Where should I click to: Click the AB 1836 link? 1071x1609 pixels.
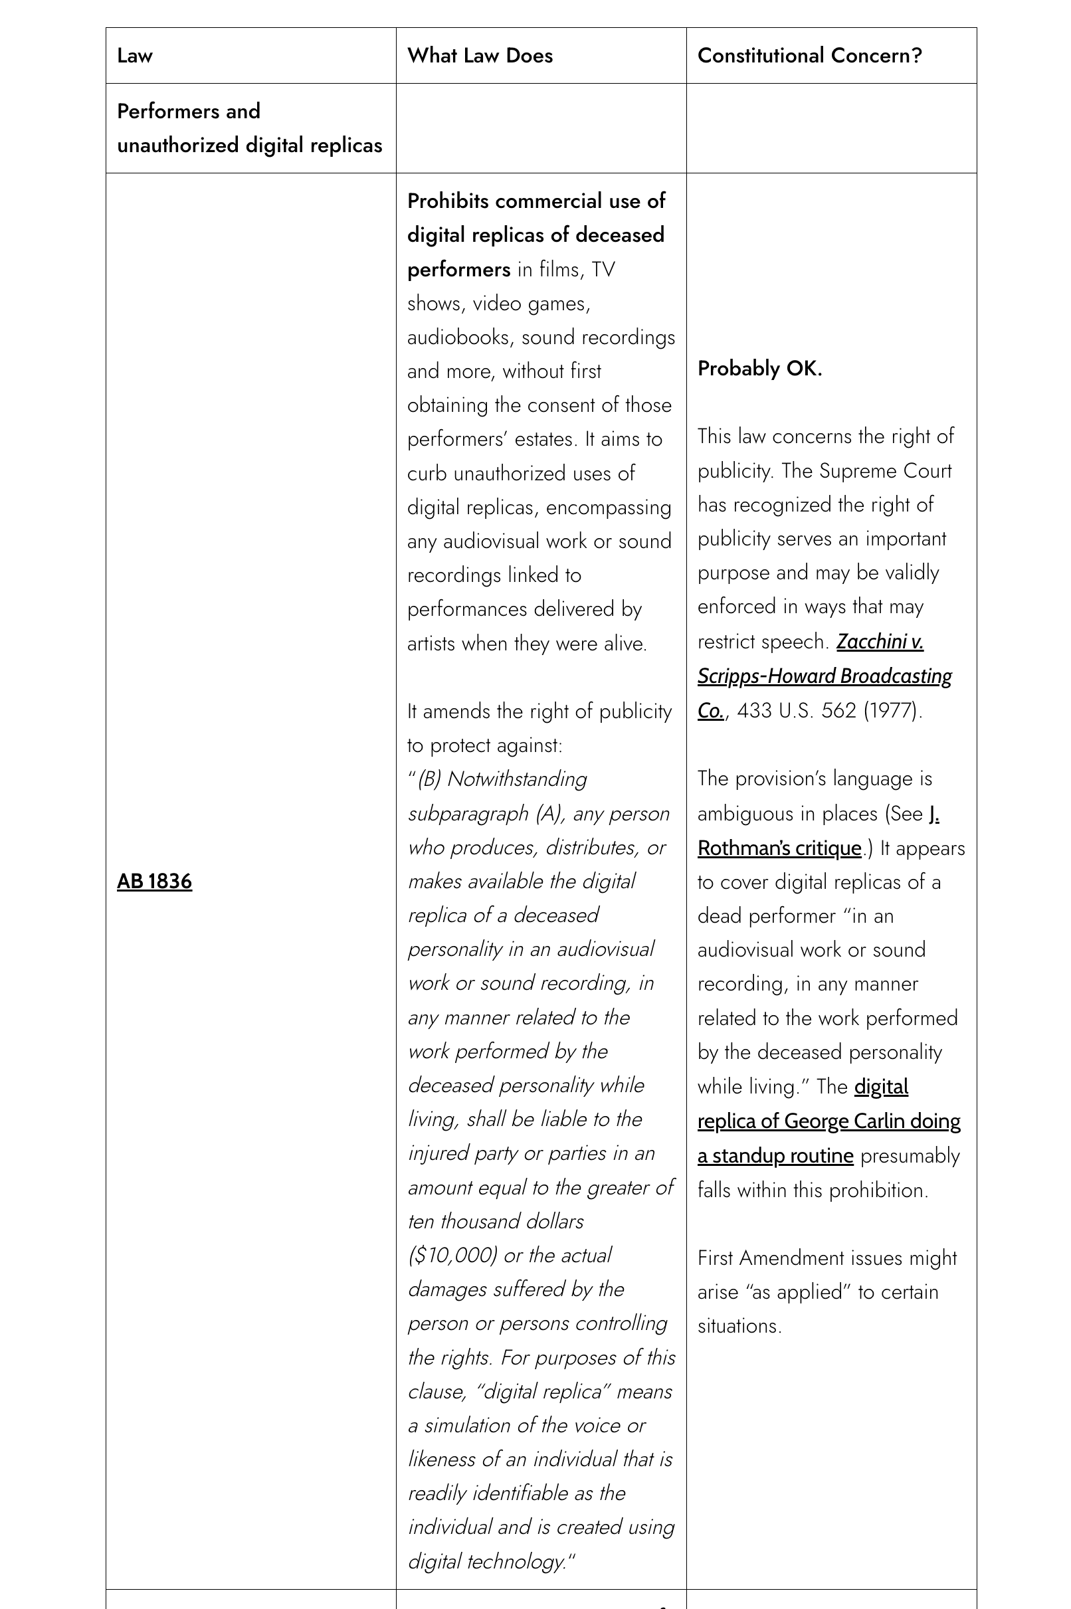click(154, 882)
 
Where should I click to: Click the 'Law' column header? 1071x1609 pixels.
click(135, 55)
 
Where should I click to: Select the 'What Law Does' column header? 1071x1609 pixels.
click(480, 55)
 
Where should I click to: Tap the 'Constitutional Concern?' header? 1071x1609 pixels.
click(809, 55)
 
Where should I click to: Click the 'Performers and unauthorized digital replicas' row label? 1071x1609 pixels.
click(249, 128)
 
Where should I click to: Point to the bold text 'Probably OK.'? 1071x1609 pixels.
click(759, 369)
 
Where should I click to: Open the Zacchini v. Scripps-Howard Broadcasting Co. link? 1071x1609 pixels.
click(825, 676)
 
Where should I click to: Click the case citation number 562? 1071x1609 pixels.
click(838, 710)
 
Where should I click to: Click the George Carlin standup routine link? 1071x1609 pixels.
click(828, 1121)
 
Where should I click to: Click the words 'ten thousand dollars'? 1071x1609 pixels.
click(496, 1221)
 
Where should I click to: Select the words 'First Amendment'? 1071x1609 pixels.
click(770, 1258)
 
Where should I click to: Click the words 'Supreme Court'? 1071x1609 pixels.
click(884, 470)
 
